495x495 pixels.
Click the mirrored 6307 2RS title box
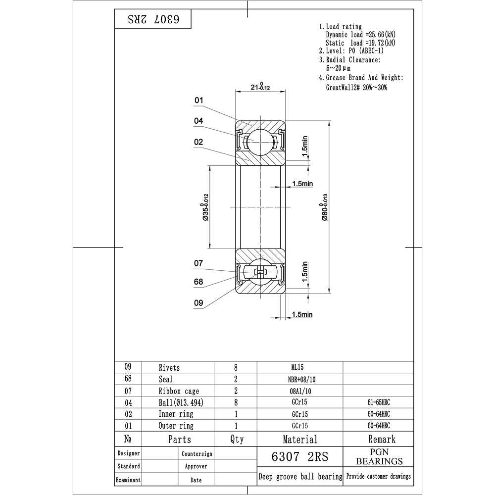(x=153, y=19)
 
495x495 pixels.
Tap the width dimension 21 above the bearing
(x=260, y=86)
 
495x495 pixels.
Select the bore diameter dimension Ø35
(x=205, y=207)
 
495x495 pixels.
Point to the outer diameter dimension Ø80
(x=325, y=207)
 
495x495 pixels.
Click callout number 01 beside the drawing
(x=198, y=100)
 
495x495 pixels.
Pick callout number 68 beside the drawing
(x=198, y=282)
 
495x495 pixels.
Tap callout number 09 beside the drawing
(x=198, y=303)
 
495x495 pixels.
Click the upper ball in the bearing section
(x=260, y=142)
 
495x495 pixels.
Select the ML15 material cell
(x=297, y=367)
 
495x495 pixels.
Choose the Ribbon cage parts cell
(x=179, y=391)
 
